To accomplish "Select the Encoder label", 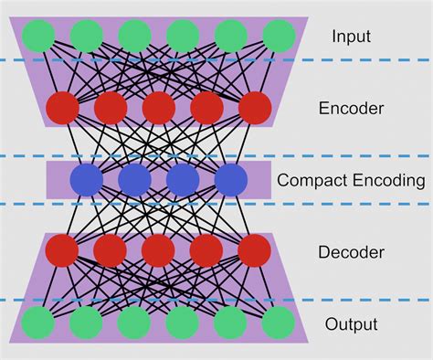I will (351, 109).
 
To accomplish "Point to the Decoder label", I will (351, 251).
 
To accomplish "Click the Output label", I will (351, 324).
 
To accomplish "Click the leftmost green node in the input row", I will (39, 36).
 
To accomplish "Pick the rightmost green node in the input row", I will (279, 36).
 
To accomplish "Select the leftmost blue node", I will (87, 180).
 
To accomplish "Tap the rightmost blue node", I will (231, 180).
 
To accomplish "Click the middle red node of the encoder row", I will (159, 107).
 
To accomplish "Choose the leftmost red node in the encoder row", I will (62, 107).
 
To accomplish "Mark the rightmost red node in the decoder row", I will (255, 250).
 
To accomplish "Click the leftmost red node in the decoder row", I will (62, 250).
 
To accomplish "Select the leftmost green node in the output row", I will (38, 323).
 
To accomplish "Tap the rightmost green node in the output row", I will (279, 323).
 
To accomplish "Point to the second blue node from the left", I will (134, 180).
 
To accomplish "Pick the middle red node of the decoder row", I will (159, 250).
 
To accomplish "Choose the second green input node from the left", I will (87, 36).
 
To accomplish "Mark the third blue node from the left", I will (183, 180).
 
